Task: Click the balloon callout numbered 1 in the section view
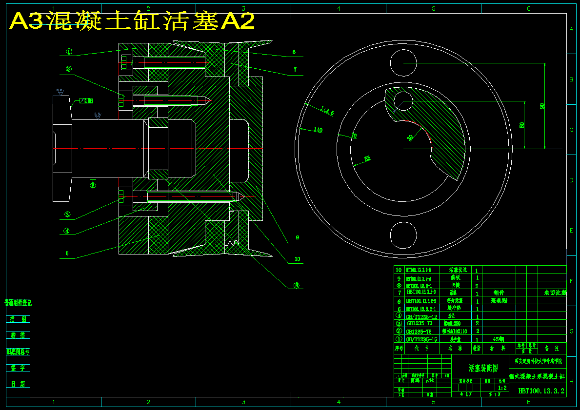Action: [x=69, y=51]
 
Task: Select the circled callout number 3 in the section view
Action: [x=67, y=214]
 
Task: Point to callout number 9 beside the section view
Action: [x=297, y=238]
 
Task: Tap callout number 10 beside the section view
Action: [x=297, y=259]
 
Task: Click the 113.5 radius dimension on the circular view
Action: [x=327, y=111]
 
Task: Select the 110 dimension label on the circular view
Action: [x=318, y=130]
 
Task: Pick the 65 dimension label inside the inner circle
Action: [x=367, y=158]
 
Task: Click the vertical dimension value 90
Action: [x=542, y=106]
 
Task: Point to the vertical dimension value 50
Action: [x=522, y=125]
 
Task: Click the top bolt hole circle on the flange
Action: [x=404, y=63]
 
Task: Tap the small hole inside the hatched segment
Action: [x=403, y=101]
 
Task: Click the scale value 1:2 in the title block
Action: [x=502, y=388]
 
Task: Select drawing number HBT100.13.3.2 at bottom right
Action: [x=541, y=390]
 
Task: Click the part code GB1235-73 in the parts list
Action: [x=420, y=323]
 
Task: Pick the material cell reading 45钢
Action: [x=498, y=339]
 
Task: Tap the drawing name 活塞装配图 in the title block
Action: [x=482, y=368]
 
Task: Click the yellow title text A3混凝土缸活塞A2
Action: [x=132, y=21]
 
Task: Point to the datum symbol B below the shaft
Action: [x=93, y=184]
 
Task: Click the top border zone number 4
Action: [x=338, y=8]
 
